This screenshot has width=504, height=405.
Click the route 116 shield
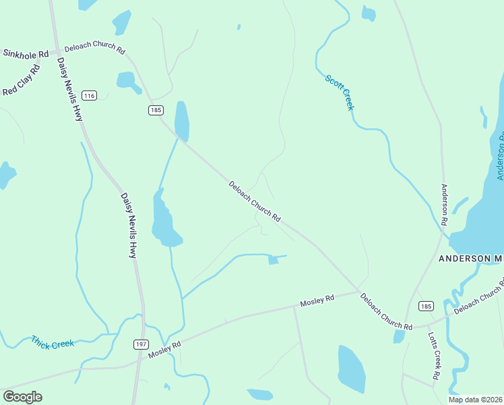pos(88,95)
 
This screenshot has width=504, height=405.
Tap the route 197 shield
pos(140,344)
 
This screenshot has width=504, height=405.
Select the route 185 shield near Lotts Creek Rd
pos(425,306)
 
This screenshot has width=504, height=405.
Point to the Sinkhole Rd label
pos(26,53)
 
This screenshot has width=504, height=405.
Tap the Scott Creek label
pos(340,92)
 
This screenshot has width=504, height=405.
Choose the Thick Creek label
pos(52,342)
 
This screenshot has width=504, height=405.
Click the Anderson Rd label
pos(445,204)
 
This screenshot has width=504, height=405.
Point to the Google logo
pos(22,397)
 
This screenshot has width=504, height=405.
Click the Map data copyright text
pos(476,400)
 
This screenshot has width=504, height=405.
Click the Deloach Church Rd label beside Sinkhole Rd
pos(95,49)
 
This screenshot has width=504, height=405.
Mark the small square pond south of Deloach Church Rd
pos(273,260)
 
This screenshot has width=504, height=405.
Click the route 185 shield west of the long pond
pos(156,109)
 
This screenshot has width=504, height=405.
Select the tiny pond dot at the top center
pos(239,28)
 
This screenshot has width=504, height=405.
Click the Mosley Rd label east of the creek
pos(317,298)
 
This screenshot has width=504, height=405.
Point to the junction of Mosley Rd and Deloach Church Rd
pos(358,292)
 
